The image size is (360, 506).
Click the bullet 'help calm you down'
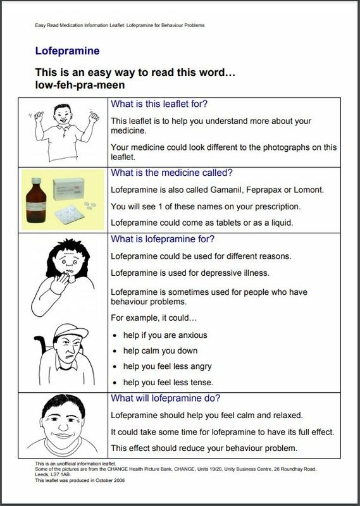[x=161, y=350]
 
